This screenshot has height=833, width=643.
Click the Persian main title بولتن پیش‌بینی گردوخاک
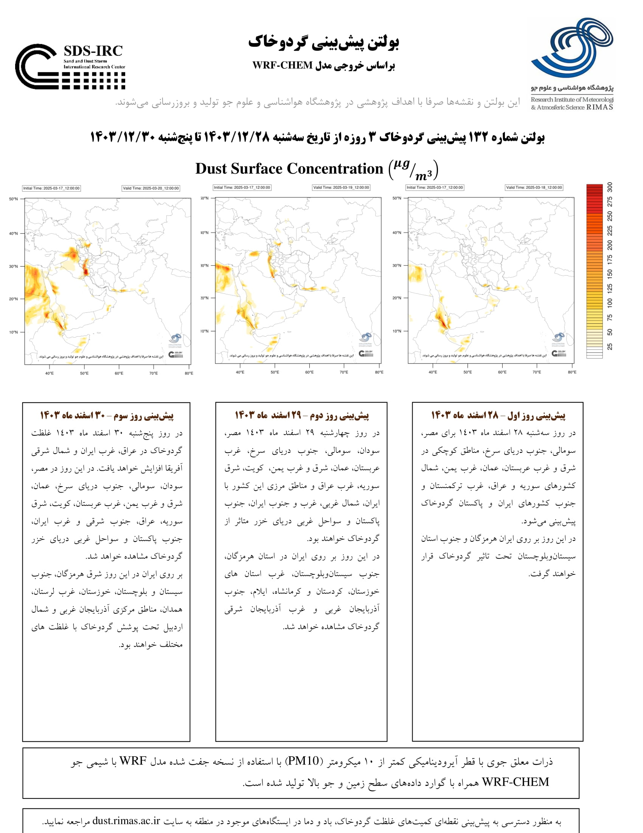pos(323,42)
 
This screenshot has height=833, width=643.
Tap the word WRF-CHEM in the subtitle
pos(282,66)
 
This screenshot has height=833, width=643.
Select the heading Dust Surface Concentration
pos(289,169)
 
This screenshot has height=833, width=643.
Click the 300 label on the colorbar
pos(610,187)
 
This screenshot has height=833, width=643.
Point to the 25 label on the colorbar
pos(610,346)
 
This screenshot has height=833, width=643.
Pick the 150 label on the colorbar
pos(610,273)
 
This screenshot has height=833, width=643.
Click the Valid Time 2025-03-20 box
pos(151,188)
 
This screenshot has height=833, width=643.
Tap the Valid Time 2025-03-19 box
pos(341,188)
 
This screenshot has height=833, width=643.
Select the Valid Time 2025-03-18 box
pos(534,188)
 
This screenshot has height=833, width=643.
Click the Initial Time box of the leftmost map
pos(51,188)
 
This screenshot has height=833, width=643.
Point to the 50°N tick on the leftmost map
pos(14,199)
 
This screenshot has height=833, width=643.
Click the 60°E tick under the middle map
pos(309,372)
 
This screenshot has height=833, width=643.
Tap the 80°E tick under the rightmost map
pos(572,372)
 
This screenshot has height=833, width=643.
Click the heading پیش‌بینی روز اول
pos(498,415)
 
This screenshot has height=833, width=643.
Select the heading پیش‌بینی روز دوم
pos(302,415)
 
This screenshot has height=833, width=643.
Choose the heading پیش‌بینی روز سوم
pos(107,415)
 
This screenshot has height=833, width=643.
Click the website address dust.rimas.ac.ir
pos(126,821)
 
